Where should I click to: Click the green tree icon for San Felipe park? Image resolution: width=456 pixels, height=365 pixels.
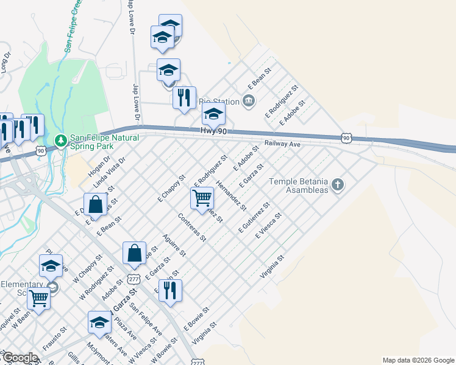pyautogui.click(x=60, y=141)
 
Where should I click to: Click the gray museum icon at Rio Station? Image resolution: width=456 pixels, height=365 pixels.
pyautogui.click(x=248, y=100)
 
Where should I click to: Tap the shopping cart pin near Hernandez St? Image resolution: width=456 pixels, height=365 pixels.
pyautogui.click(x=202, y=198)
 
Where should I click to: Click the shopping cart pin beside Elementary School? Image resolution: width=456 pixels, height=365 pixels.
pyautogui.click(x=39, y=299)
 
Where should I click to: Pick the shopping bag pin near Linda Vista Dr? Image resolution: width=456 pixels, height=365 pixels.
pyautogui.click(x=96, y=205)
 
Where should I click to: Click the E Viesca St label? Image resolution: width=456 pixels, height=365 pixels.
pyautogui.click(x=268, y=226)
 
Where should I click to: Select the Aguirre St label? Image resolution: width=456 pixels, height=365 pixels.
pyautogui.click(x=174, y=245)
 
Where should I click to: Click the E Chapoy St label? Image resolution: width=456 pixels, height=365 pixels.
pyautogui.click(x=171, y=189)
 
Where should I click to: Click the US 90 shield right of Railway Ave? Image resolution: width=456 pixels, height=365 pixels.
pyautogui.click(x=346, y=139)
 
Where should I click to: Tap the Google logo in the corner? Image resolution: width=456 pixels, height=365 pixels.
pyautogui.click(x=20, y=358)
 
